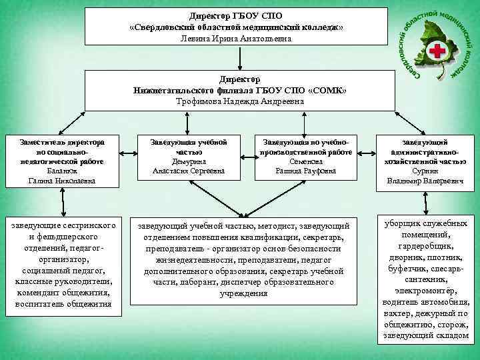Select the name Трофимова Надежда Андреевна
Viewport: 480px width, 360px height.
coord(239,101)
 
